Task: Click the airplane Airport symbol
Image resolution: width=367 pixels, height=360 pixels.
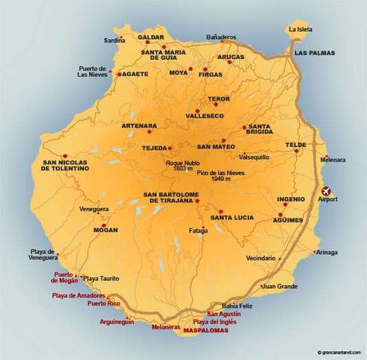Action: [x=326, y=190]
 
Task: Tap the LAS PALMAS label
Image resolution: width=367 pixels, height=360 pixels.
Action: [x=314, y=52]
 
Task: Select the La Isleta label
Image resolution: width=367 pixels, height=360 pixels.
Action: [x=301, y=30]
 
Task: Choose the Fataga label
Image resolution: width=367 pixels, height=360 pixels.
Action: [x=198, y=231]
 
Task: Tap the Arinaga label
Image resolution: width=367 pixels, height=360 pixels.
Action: [x=328, y=252]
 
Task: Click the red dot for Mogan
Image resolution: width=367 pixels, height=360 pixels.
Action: [x=104, y=225]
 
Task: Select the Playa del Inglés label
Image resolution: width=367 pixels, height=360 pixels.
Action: [x=215, y=322]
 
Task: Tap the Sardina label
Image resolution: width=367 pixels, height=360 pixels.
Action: [x=114, y=41]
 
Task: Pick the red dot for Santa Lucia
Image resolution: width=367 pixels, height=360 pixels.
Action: [x=220, y=211]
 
